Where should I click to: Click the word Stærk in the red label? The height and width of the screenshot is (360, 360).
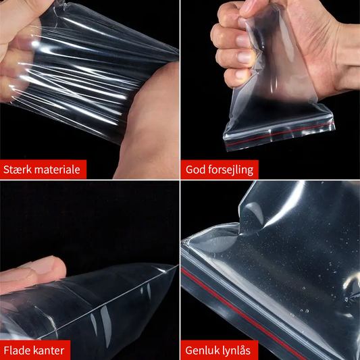(17, 170)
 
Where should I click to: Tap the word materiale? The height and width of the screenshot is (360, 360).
(57, 170)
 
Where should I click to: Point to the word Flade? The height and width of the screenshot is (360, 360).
(17, 351)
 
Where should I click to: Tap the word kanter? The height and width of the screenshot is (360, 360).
(49, 351)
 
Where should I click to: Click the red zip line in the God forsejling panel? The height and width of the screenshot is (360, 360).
(280, 134)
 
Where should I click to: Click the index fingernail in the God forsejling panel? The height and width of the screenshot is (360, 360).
(242, 41)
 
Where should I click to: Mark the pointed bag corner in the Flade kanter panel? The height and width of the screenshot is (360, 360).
(177, 265)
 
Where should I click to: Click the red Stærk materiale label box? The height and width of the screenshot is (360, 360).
(43, 170)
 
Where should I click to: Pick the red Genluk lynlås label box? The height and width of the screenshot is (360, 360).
(220, 351)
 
